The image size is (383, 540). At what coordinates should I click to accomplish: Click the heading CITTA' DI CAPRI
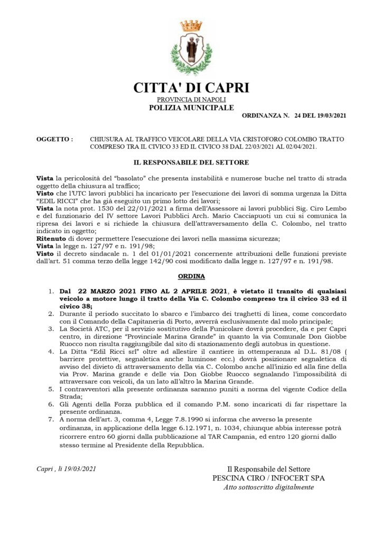[191, 88]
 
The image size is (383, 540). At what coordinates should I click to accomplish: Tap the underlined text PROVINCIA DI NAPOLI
[191, 100]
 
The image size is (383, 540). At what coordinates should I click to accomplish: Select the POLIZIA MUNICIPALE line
[191, 107]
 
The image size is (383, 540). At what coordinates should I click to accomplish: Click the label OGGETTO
[54, 139]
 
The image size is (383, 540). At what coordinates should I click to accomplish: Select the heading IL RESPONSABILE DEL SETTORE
[191, 162]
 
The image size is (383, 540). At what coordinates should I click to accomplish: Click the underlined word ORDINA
[191, 276]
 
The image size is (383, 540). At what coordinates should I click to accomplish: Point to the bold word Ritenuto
[51, 239]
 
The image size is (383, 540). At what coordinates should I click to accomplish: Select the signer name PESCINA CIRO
[237, 478]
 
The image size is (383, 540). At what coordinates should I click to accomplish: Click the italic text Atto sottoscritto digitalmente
[268, 487]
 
